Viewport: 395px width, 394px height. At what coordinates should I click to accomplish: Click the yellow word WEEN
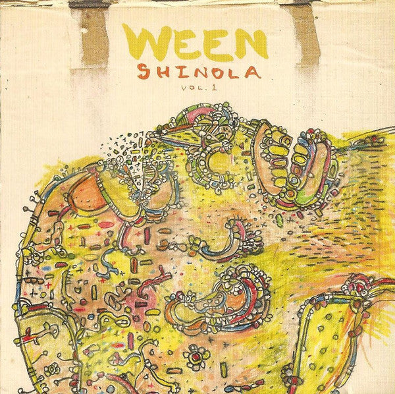click(x=194, y=44)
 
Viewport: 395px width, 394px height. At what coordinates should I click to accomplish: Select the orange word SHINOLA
click(x=195, y=72)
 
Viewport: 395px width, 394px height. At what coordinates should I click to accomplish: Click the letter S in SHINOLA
click(x=144, y=71)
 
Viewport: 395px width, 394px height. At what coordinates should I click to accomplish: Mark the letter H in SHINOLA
click(x=161, y=72)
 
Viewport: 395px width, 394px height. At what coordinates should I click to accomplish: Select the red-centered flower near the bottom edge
click(x=196, y=357)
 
